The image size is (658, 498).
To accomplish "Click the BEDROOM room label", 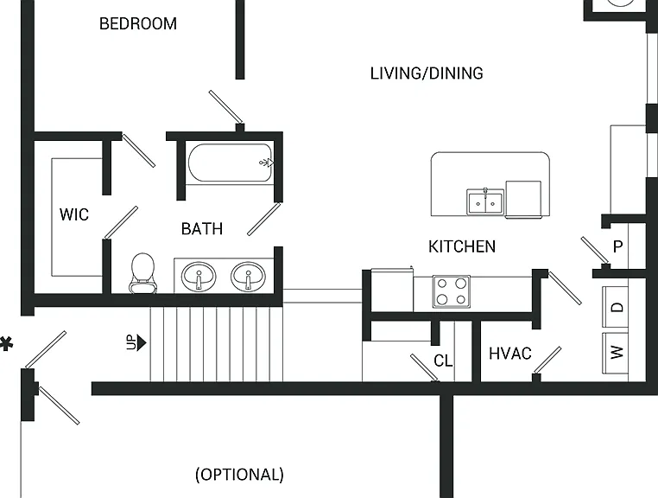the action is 138,23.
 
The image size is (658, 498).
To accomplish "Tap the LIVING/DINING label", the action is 427,73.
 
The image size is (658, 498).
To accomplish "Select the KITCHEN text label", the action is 462,246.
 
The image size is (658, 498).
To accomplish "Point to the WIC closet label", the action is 74,214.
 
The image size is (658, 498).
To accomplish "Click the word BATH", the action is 202,228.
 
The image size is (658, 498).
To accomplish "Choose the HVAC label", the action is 510,354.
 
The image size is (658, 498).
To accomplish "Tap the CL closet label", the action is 443,361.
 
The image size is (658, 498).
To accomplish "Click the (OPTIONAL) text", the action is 239,475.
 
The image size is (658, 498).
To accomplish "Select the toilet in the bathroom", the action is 142,272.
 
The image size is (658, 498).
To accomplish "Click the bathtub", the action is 230,163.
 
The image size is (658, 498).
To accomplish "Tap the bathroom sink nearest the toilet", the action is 199,276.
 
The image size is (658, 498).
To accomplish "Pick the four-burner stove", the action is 452,291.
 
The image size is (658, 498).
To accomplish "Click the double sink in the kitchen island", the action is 485,202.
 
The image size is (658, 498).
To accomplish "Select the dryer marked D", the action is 616,307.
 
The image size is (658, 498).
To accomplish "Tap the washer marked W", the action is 616,353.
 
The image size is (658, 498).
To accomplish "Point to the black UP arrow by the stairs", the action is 142,342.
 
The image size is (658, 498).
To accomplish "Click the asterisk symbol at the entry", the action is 6,343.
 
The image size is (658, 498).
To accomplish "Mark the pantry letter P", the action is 617,246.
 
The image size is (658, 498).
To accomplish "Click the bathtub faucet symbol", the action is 267,163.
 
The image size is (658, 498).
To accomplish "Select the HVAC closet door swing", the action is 547,361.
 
